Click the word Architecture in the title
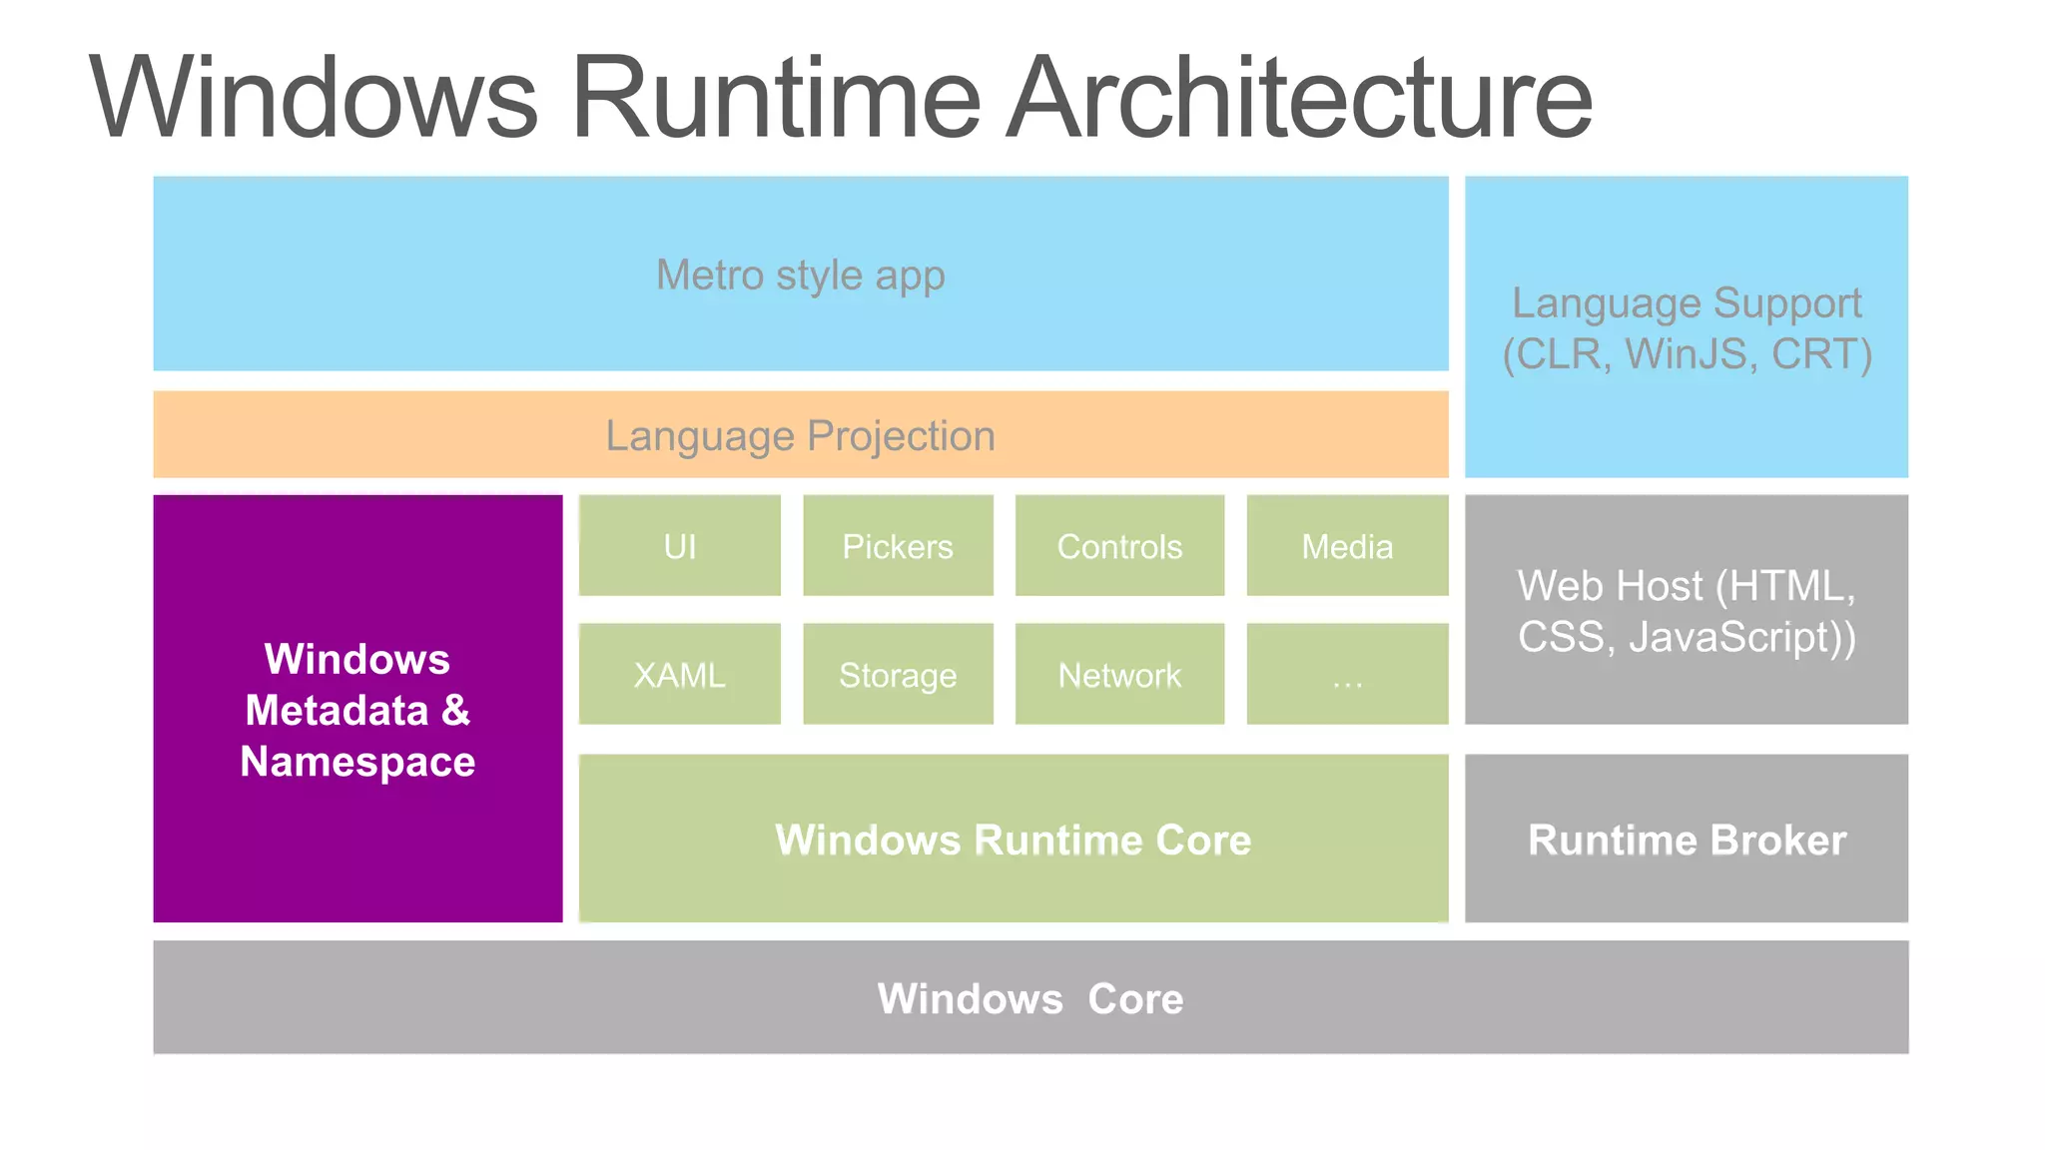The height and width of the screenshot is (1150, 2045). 1298,98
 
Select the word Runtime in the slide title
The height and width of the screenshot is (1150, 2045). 776,98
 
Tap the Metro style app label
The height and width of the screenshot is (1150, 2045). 800,276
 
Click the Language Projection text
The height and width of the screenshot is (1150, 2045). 800,436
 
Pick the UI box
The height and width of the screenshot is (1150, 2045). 679,546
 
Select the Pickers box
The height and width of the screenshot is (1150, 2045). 897,546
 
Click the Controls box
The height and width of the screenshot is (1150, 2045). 1118,546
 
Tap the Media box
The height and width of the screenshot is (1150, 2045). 1346,546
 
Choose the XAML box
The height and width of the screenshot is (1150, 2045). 679,675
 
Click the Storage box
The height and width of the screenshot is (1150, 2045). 897,675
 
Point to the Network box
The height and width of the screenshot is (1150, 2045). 1118,675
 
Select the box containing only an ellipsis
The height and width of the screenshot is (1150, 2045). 1346,675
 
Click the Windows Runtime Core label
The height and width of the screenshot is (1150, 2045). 1013,840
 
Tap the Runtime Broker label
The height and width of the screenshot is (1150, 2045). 1686,840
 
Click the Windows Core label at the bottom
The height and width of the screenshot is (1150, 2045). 1029,998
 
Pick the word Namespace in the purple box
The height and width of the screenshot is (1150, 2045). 357,762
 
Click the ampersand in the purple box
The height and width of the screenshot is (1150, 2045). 455,710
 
